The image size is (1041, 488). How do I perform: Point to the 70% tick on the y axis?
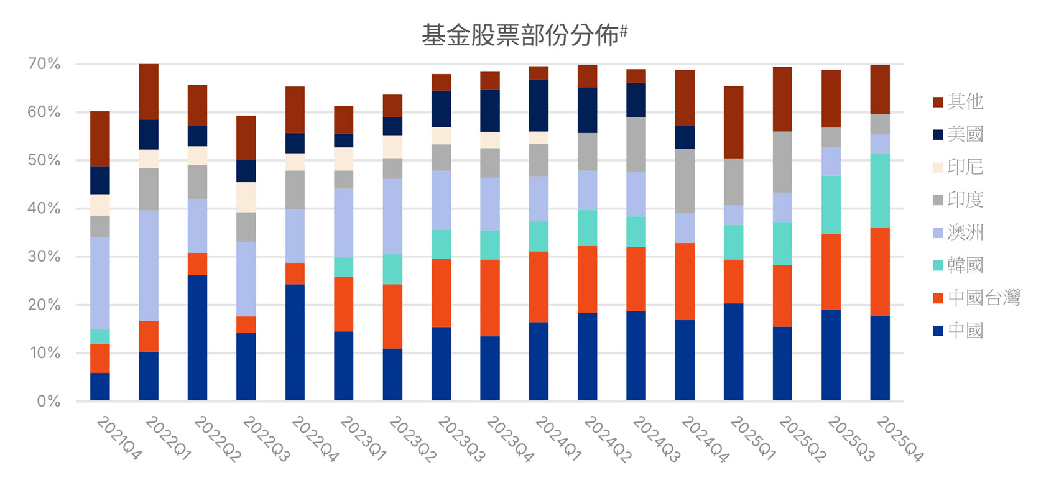pyautogui.click(x=44, y=63)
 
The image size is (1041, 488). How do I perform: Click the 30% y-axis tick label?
pyautogui.click(x=44, y=256)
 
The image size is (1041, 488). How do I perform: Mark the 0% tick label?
pyautogui.click(x=48, y=401)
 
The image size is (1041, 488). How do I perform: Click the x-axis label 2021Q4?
pyautogui.click(x=119, y=438)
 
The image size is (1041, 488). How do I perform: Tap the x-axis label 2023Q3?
pyautogui.click(x=460, y=438)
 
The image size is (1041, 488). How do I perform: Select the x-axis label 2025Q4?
pyautogui.click(x=899, y=438)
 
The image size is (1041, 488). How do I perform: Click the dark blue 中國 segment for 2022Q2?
pyautogui.click(x=197, y=338)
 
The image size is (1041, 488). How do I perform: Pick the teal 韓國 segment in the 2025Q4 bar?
pyautogui.click(x=880, y=190)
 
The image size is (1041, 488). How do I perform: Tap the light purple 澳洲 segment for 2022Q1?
pyautogui.click(x=149, y=265)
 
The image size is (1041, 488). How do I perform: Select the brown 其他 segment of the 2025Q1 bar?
pyautogui.click(x=734, y=122)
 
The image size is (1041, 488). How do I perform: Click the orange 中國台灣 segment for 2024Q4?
pyautogui.click(x=685, y=282)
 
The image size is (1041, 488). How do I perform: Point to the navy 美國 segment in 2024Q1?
pyautogui.click(x=539, y=105)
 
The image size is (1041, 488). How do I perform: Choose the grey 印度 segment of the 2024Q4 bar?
pyautogui.click(x=685, y=181)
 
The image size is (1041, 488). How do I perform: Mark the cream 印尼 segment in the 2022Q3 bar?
pyautogui.click(x=246, y=197)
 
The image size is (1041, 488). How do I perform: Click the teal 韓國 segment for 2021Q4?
pyautogui.click(x=100, y=336)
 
